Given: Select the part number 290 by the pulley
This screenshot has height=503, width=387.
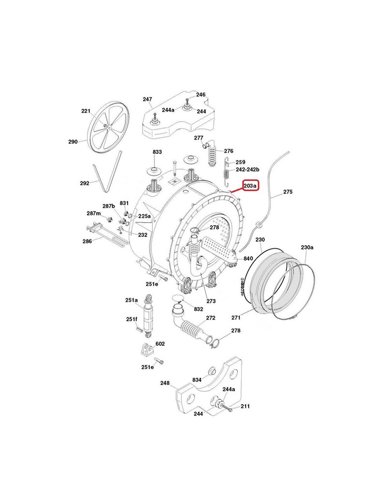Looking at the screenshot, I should pyautogui.click(x=73, y=142).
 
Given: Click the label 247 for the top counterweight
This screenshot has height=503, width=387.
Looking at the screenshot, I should pyautogui.click(x=148, y=99).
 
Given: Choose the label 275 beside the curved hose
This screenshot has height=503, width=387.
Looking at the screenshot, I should pyautogui.click(x=288, y=192).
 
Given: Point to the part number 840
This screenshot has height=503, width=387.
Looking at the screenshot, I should pyautogui.click(x=248, y=259).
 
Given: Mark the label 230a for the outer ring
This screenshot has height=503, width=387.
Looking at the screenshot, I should pyautogui.click(x=307, y=247).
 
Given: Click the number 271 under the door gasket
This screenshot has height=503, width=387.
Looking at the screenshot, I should pyautogui.click(x=236, y=318).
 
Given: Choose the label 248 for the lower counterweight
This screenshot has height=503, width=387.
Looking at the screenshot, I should pyautogui.click(x=165, y=383).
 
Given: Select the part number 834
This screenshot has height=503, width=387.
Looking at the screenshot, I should pyautogui.click(x=196, y=380).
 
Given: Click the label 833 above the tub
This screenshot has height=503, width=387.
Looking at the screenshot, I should pyautogui.click(x=157, y=152).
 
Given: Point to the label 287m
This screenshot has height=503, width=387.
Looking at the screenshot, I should pyautogui.click(x=94, y=213).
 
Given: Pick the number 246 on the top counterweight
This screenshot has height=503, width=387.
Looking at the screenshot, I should pyautogui.click(x=201, y=95).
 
